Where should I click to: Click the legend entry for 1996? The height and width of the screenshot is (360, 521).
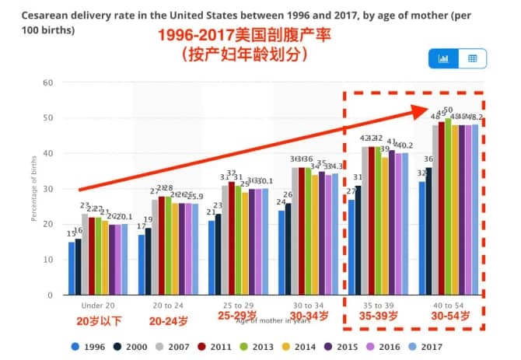coord(88,348)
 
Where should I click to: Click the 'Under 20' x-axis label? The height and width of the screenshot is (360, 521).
coord(99,305)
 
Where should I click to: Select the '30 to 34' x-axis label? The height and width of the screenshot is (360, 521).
coord(309,305)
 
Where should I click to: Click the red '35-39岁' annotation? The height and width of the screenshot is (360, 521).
coord(378,316)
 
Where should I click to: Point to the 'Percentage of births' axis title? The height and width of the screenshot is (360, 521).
coord(33,189)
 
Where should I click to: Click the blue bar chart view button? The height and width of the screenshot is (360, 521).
coord(444,58)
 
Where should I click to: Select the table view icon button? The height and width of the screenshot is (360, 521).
coord(472,58)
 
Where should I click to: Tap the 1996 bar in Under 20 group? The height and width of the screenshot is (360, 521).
coord(72,268)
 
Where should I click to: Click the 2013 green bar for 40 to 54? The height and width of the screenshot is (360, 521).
coord(448,207)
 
